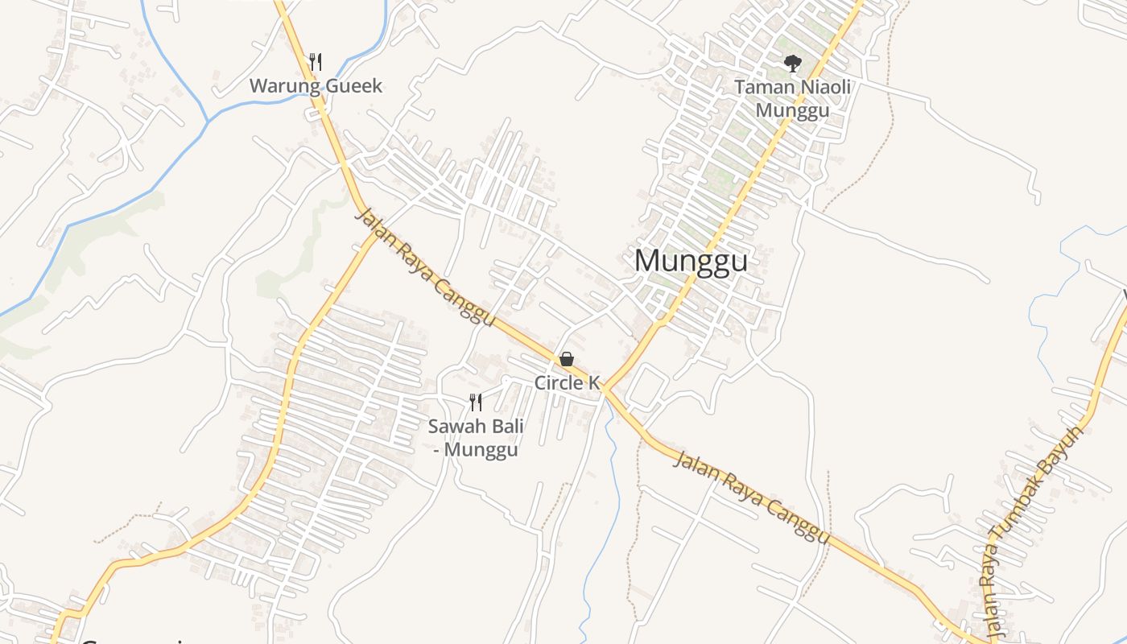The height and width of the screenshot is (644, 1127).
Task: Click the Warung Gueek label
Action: click(x=316, y=86)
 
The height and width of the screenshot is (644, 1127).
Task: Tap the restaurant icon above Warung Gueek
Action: click(x=316, y=61)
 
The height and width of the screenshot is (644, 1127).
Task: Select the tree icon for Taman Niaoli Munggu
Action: click(x=793, y=63)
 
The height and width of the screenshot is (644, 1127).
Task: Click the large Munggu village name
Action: click(x=691, y=262)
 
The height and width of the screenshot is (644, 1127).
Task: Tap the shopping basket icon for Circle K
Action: click(x=567, y=359)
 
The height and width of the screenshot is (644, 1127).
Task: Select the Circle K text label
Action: click(x=568, y=383)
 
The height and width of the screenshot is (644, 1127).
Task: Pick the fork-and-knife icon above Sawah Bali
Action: click(x=476, y=402)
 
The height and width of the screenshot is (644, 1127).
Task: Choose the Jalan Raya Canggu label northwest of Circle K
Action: click(x=424, y=266)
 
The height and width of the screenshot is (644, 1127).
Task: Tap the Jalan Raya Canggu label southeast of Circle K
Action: click(x=750, y=497)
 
